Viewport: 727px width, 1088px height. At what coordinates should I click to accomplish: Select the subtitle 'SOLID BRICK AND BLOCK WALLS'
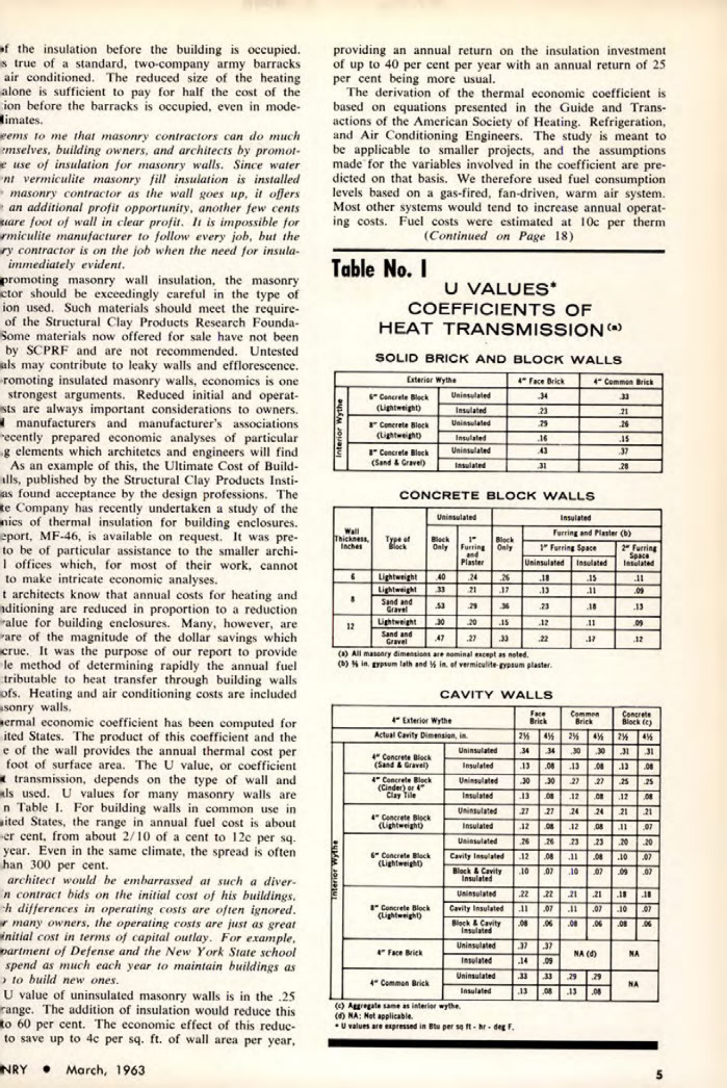pyautogui.click(x=498, y=358)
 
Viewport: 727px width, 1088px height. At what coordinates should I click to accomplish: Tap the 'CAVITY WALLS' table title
pyautogui.click(x=496, y=695)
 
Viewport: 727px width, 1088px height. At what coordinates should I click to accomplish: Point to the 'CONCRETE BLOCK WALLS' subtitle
pyautogui.click(x=497, y=495)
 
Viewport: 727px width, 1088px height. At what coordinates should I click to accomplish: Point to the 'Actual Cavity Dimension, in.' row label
pyautogui.click(x=422, y=736)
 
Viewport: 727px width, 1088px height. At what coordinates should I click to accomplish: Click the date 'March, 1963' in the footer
pyautogui.click(x=105, y=1070)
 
